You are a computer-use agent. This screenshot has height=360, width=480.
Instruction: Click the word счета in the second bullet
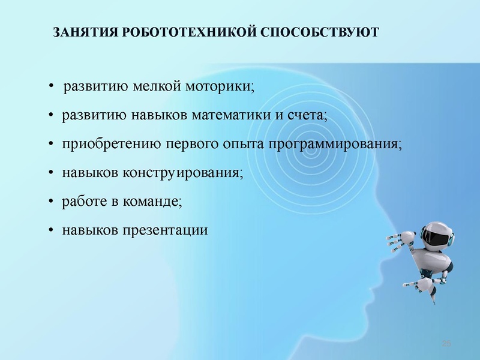click(306, 115)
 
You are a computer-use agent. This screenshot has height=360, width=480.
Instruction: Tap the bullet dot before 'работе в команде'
click(52, 202)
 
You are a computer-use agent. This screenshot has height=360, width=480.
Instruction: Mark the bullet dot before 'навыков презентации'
click(52, 231)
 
